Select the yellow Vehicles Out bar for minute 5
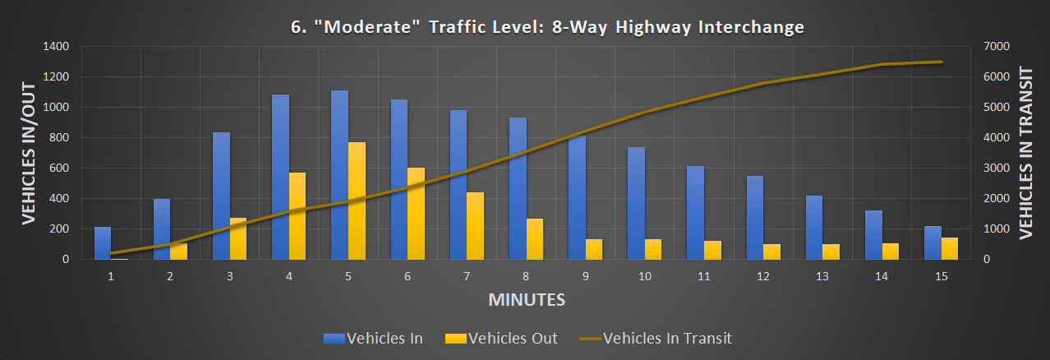[x=357, y=201]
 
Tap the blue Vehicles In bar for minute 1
[x=103, y=242]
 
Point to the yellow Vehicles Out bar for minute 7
[x=475, y=225]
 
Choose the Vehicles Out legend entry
[x=501, y=338]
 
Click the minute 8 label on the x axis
[x=526, y=277]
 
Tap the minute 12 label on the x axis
[x=763, y=277]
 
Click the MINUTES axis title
[x=527, y=299]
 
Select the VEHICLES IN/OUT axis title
[x=26, y=153]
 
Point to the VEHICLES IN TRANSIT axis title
[x=1025, y=153]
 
